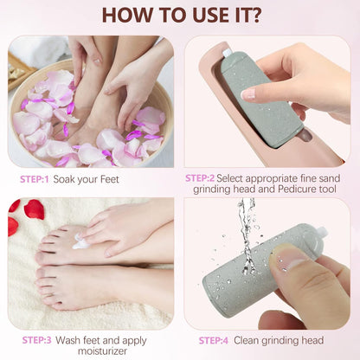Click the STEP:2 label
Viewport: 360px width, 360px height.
(x=205, y=177)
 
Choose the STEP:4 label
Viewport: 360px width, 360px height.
(x=217, y=341)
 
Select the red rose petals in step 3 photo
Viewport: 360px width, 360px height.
(x=33, y=210)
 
